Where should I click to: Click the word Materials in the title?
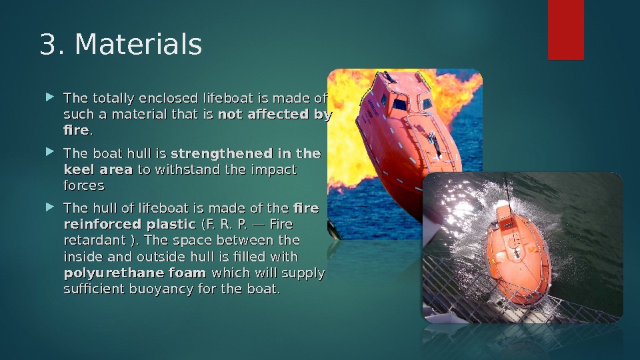pyautogui.click(x=138, y=45)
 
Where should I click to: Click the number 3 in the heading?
pyautogui.click(x=47, y=45)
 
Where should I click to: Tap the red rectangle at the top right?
pyautogui.click(x=565, y=29)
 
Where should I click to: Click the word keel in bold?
pyautogui.click(x=77, y=169)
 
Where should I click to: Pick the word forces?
pyautogui.click(x=83, y=185)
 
